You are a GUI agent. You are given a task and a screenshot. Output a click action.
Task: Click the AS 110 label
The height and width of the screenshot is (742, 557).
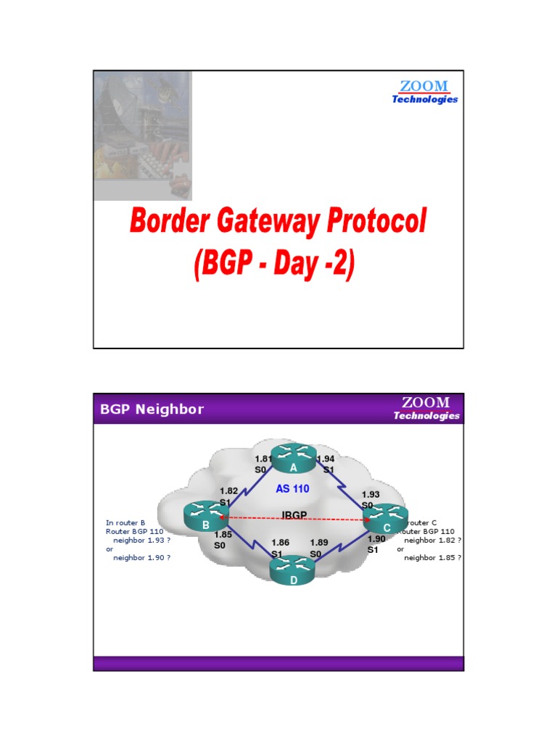click(292, 489)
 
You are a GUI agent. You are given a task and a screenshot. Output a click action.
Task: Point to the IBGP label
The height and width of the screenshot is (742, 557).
click(294, 515)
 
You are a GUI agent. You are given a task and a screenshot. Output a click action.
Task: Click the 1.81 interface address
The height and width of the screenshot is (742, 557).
click(263, 459)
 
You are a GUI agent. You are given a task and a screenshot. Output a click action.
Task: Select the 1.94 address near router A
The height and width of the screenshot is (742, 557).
click(326, 459)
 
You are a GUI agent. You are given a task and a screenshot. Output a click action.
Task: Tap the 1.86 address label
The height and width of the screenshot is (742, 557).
click(280, 542)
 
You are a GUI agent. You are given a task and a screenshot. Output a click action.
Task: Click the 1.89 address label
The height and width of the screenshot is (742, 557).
click(319, 542)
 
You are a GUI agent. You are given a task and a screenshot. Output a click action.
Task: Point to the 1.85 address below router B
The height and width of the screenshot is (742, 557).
click(223, 535)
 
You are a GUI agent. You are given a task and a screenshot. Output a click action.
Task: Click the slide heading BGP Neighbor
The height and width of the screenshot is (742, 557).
click(152, 409)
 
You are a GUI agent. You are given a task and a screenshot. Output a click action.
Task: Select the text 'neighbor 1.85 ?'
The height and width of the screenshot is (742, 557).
click(433, 558)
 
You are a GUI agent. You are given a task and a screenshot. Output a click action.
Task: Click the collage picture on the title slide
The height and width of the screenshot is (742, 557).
click(142, 136)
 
